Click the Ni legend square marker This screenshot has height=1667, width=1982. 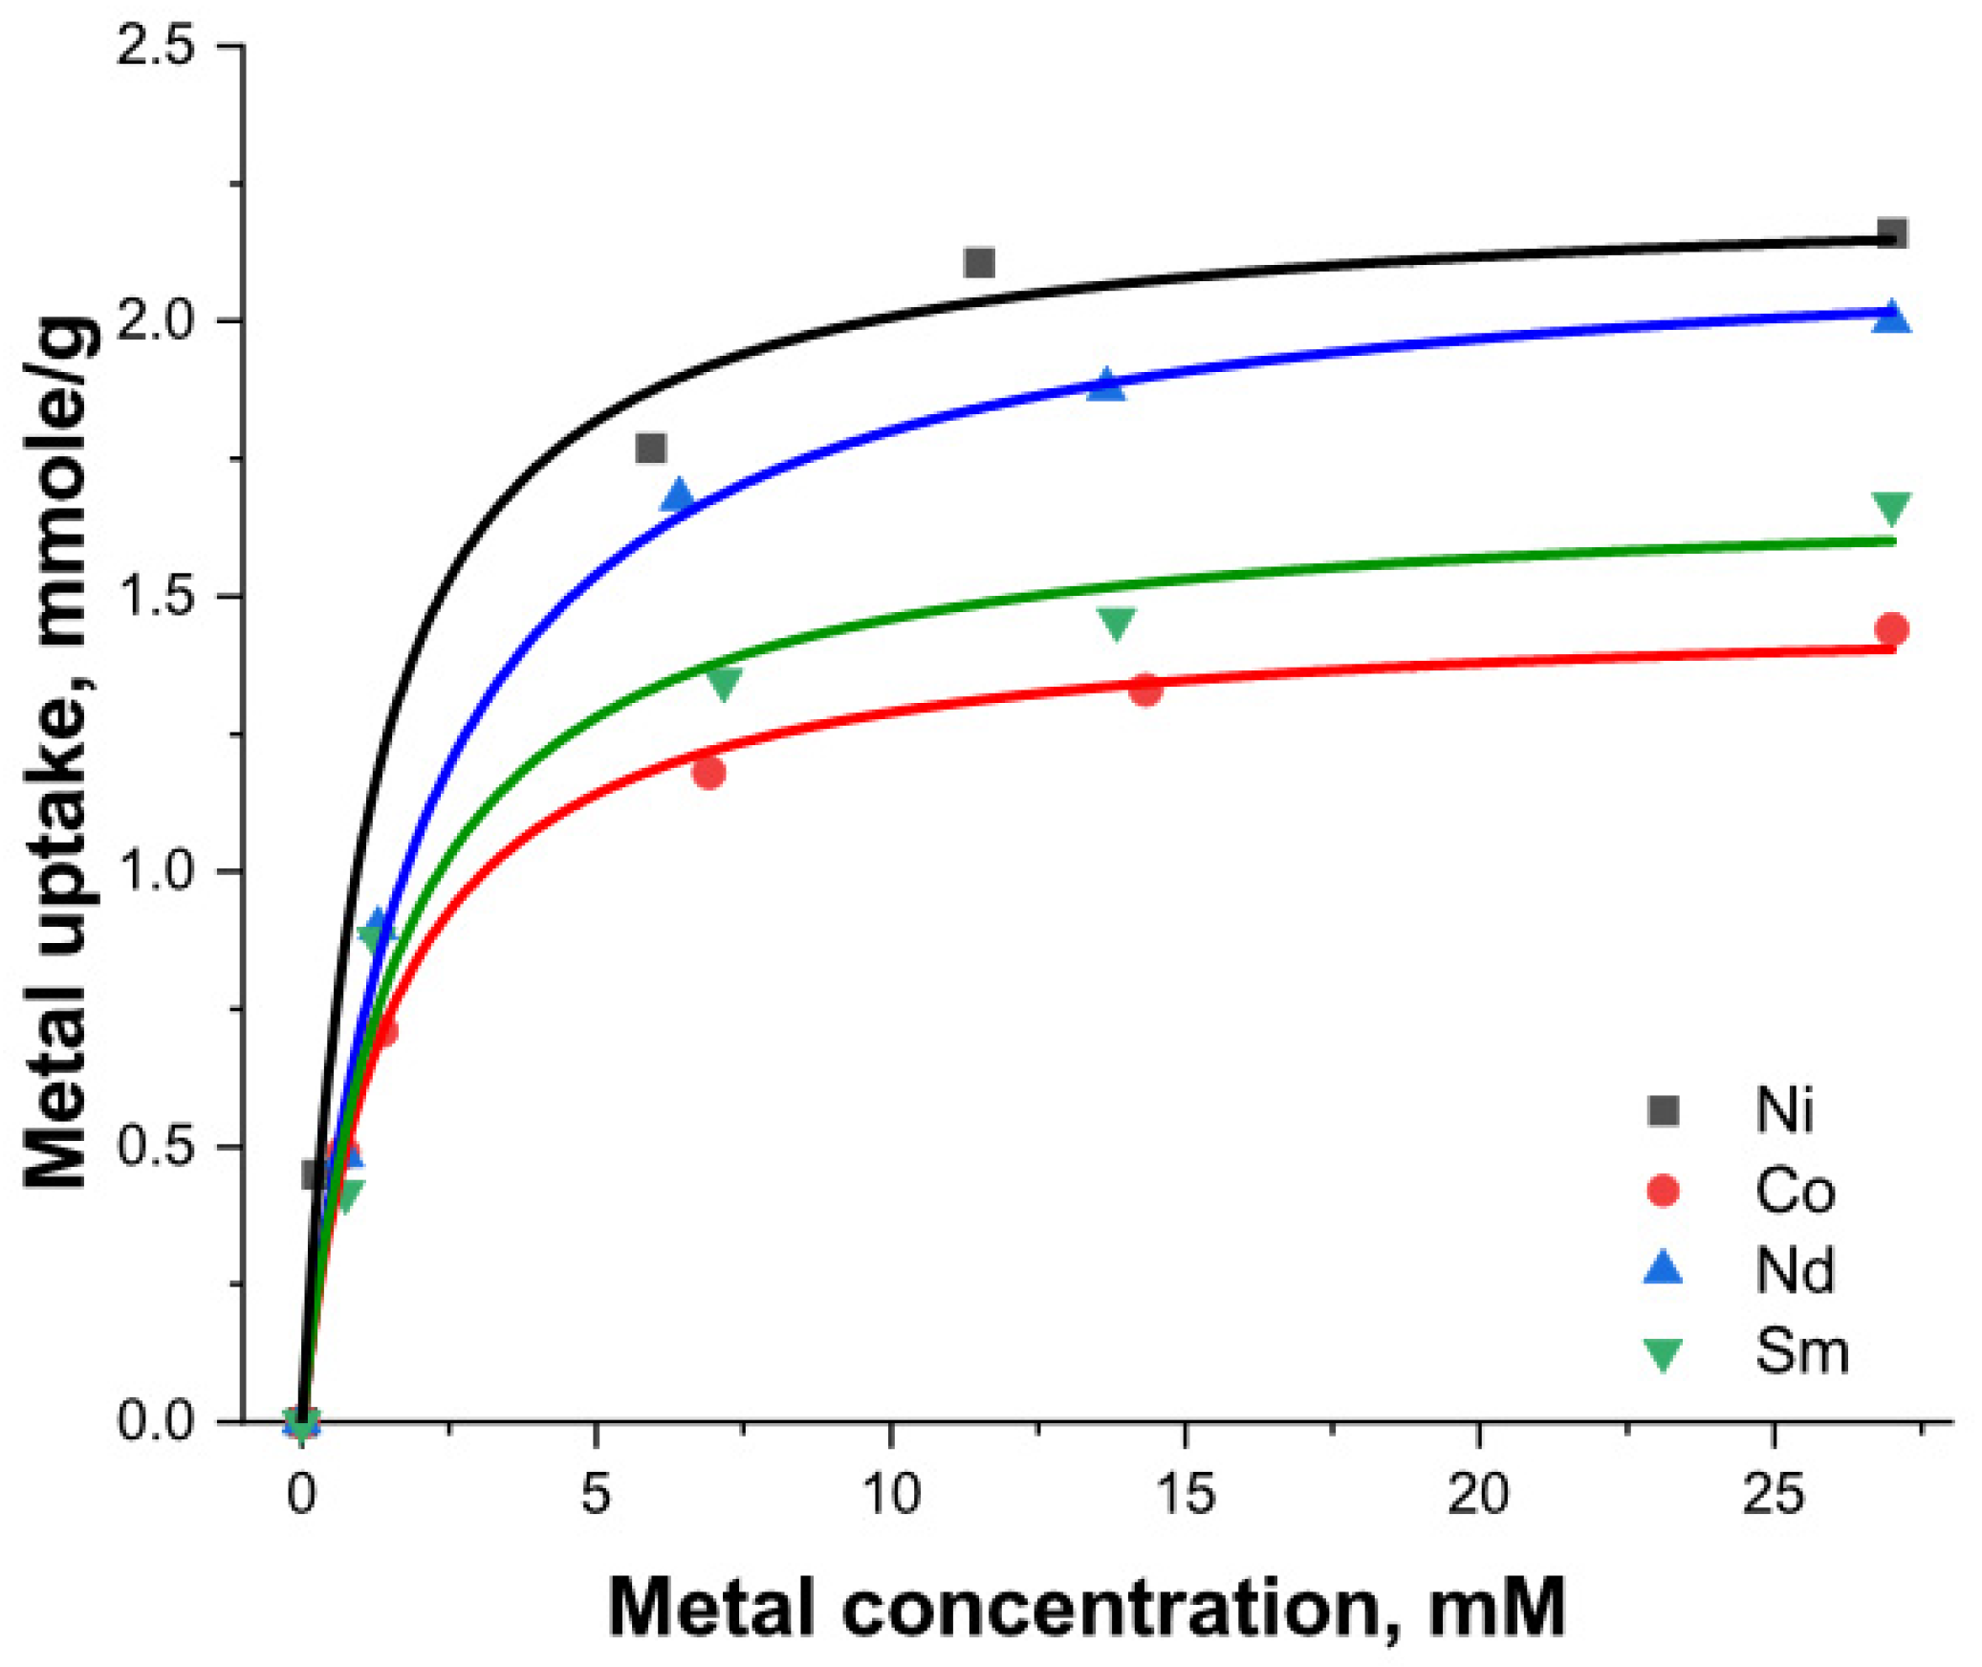click(x=1663, y=1110)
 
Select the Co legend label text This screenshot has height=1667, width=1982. click(x=1795, y=1192)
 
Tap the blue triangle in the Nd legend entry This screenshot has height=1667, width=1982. click(x=1663, y=1269)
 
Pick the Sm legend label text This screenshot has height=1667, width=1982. click(x=1801, y=1351)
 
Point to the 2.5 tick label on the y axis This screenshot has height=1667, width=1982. click(x=155, y=46)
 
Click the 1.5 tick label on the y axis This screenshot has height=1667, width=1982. click(x=155, y=596)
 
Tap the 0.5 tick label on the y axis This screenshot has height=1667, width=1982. click(x=155, y=1146)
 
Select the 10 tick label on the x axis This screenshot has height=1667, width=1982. click(x=891, y=1493)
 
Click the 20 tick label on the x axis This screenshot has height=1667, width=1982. click(x=1478, y=1493)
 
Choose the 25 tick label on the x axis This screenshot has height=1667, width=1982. click(x=1774, y=1493)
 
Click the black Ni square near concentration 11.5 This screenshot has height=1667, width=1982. click(x=979, y=262)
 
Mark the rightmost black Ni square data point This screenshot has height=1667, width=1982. click(x=1892, y=232)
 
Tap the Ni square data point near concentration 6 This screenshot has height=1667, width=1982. click(x=650, y=448)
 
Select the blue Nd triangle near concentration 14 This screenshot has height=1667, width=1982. click(x=1107, y=384)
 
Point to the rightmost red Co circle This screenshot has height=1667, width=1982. click(x=1892, y=629)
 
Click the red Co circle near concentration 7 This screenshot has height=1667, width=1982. click(x=708, y=772)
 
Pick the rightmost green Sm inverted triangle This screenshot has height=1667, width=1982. click(x=1892, y=508)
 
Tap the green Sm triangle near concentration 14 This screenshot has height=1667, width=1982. click(x=1116, y=623)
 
